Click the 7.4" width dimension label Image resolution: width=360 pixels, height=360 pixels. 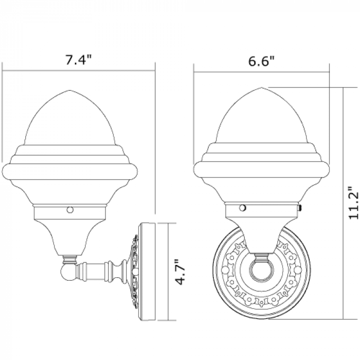(x=79, y=60)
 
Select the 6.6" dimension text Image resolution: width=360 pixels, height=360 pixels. (x=261, y=62)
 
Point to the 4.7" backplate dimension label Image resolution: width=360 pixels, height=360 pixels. (x=180, y=272)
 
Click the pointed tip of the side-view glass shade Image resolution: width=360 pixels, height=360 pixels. (x=70, y=90)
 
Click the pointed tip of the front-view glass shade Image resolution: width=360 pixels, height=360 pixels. (x=261, y=88)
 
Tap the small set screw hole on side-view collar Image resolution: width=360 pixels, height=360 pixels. (x=70, y=210)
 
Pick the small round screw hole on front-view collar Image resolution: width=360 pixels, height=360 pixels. (x=242, y=208)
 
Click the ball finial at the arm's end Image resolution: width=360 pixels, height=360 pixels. (x=68, y=273)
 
